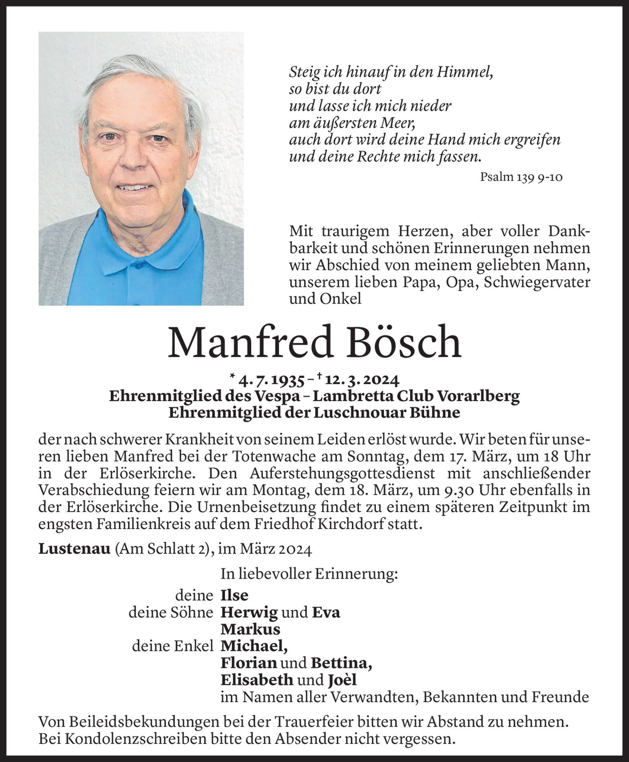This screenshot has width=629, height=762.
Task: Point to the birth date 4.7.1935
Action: [271, 379]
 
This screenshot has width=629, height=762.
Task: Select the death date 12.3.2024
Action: [361, 379]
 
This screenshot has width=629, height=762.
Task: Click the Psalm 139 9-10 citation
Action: [521, 177]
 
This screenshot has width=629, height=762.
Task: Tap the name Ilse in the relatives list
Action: [234, 595]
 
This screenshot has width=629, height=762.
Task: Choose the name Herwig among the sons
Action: [249, 612]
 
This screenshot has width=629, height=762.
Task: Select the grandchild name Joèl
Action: [342, 680]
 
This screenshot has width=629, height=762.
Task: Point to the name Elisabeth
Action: [257, 680]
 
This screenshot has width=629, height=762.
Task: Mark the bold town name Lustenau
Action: [74, 549]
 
